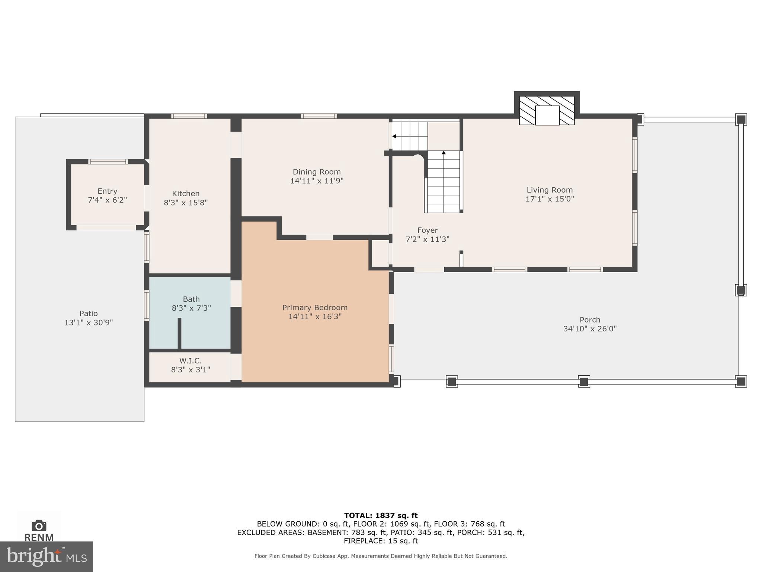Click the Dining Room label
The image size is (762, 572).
(316, 172)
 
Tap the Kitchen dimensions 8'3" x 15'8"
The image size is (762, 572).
(186, 203)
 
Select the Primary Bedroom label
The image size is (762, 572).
(315, 308)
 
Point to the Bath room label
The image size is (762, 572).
(191, 299)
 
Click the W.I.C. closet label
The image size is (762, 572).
(190, 361)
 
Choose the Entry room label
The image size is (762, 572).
(107, 191)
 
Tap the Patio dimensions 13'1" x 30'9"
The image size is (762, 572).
(89, 323)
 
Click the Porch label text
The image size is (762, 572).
(590, 320)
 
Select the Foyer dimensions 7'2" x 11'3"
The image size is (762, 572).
(427, 239)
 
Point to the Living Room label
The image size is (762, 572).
(550, 190)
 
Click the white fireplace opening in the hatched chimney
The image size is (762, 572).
(547, 115)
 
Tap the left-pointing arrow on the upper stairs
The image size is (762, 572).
(394, 136)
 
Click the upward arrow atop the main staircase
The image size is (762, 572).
(444, 153)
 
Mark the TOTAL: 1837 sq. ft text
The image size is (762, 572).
(381, 515)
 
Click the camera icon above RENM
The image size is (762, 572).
(39, 526)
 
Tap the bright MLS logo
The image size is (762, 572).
(46, 557)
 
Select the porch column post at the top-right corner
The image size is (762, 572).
(741, 120)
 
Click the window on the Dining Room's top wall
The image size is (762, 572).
(319, 116)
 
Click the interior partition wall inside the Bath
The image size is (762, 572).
(179, 333)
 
